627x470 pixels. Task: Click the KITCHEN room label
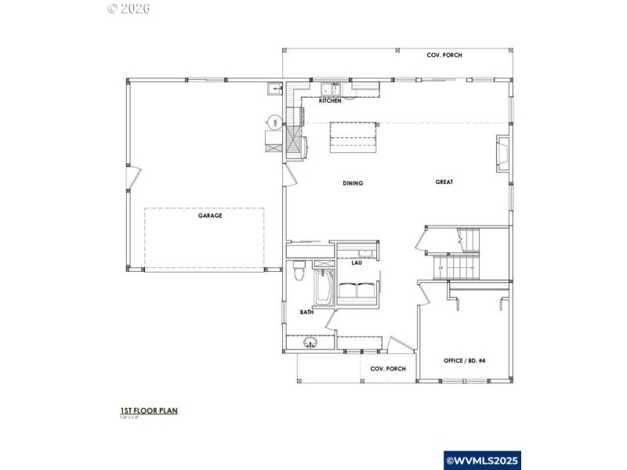tap(330, 101)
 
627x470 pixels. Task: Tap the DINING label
tap(353, 183)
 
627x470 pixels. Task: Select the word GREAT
tap(444, 182)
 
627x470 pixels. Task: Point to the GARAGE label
tap(210, 215)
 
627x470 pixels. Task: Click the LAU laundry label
tap(356, 262)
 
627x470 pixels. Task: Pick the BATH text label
tap(306, 312)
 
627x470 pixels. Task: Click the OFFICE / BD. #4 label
tap(465, 360)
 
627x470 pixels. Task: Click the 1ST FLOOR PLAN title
tap(148, 410)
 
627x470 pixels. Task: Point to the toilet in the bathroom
tap(298, 273)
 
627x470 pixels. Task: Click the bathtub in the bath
tap(323, 289)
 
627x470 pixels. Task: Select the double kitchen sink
tap(331, 89)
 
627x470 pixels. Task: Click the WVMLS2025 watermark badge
tap(482, 461)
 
